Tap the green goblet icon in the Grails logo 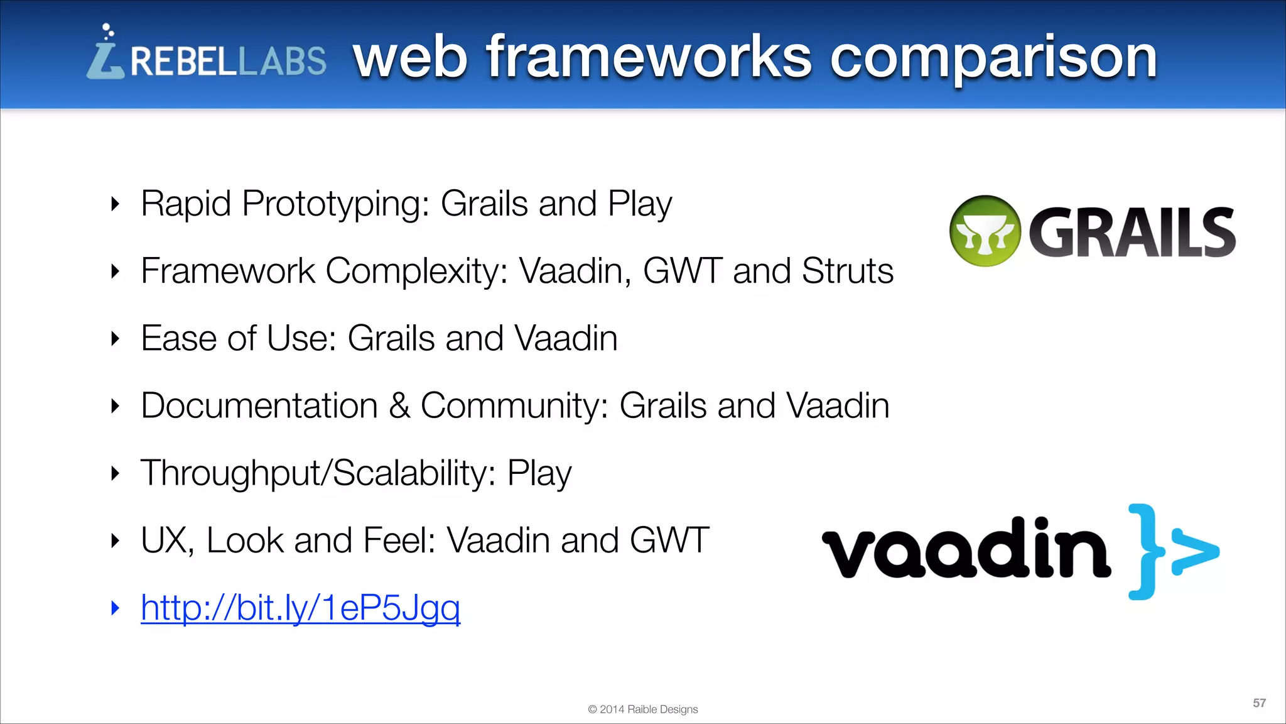tap(985, 231)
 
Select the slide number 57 tap(1259, 703)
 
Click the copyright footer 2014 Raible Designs tap(642, 709)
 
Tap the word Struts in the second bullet tap(847, 271)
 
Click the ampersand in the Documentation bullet tap(399, 405)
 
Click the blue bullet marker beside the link tap(115, 608)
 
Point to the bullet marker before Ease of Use tap(115, 339)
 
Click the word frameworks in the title tap(649, 58)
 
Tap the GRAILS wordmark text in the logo tap(1132, 233)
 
